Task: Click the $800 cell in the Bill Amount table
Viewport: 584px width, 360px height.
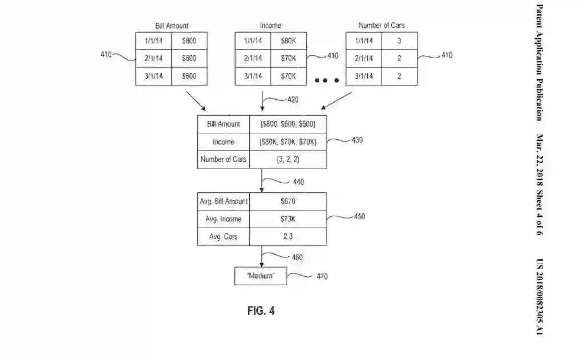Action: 189,41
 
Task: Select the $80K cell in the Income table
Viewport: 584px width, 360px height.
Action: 289,41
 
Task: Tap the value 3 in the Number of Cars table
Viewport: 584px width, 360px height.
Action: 399,41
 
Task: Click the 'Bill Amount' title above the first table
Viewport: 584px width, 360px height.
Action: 172,26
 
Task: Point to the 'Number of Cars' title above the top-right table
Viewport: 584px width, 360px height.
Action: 382,26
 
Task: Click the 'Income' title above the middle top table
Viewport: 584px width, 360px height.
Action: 270,26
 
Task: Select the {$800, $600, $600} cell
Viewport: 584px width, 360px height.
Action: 288,124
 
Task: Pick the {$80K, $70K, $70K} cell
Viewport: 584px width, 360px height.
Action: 288,141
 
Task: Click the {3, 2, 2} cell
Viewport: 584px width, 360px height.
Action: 288,159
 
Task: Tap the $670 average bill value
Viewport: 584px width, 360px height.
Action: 288,201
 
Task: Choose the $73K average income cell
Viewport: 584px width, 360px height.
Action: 288,219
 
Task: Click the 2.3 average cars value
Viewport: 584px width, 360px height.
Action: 288,237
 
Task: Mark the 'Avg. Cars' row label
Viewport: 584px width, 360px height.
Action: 223,237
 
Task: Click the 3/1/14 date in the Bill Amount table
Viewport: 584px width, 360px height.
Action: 153,76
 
